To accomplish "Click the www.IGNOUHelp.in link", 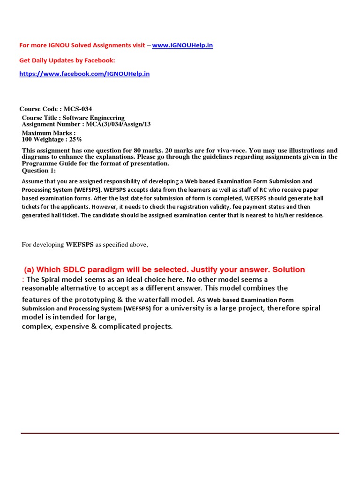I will pos(182,45).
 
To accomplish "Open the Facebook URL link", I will pos(84,74).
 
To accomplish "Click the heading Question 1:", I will pos(39,171).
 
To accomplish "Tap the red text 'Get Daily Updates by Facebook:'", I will pos(67,60).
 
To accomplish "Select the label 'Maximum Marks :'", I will pos(49,133).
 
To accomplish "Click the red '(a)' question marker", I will pos(29,270).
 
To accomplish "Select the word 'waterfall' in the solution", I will pos(139,299).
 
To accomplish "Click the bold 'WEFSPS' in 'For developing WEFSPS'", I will pos(80,244).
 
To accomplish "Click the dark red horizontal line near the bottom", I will pos(180,433).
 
